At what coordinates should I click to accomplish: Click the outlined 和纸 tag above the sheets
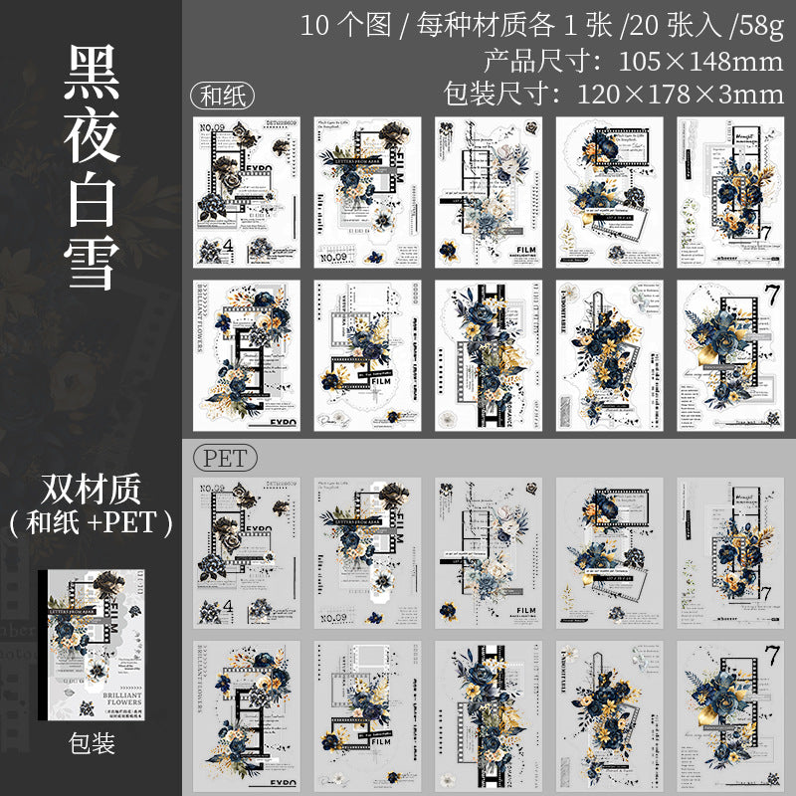[222, 97]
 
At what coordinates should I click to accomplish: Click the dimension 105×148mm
[687, 61]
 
